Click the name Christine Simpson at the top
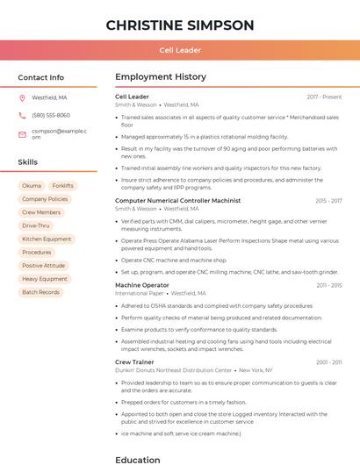(x=180, y=25)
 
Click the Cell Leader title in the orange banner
(x=180, y=51)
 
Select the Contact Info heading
(x=41, y=77)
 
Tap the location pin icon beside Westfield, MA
(x=23, y=97)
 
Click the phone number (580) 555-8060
(x=51, y=115)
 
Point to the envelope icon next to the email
(x=23, y=133)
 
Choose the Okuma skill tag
(x=32, y=186)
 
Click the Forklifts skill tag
(x=62, y=186)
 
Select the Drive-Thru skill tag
(x=36, y=225)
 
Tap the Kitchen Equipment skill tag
(x=47, y=239)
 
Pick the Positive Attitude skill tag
(x=44, y=266)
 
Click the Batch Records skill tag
(x=41, y=292)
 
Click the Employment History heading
(x=161, y=77)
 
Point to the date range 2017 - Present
(x=324, y=97)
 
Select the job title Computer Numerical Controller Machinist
(x=177, y=201)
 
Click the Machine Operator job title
(x=142, y=285)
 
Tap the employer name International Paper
(x=140, y=293)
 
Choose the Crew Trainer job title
(x=134, y=361)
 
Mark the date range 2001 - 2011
(x=328, y=361)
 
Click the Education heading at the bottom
(x=137, y=459)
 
